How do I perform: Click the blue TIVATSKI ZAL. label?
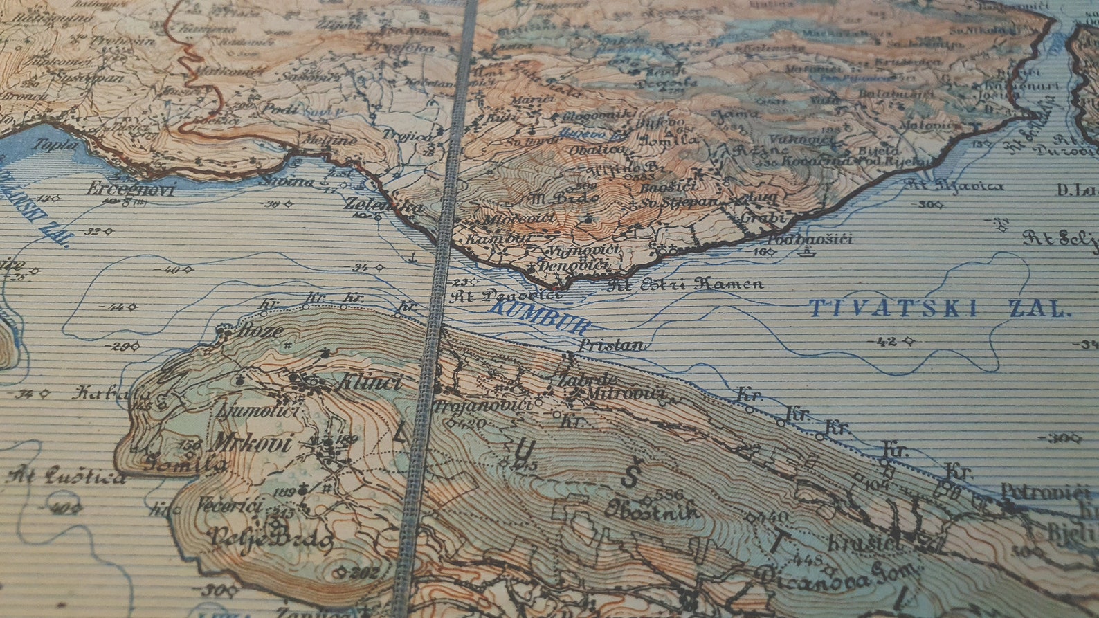point(938,308)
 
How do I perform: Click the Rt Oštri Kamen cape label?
point(685,283)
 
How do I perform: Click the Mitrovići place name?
point(626,394)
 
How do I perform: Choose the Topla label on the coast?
point(60,144)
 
